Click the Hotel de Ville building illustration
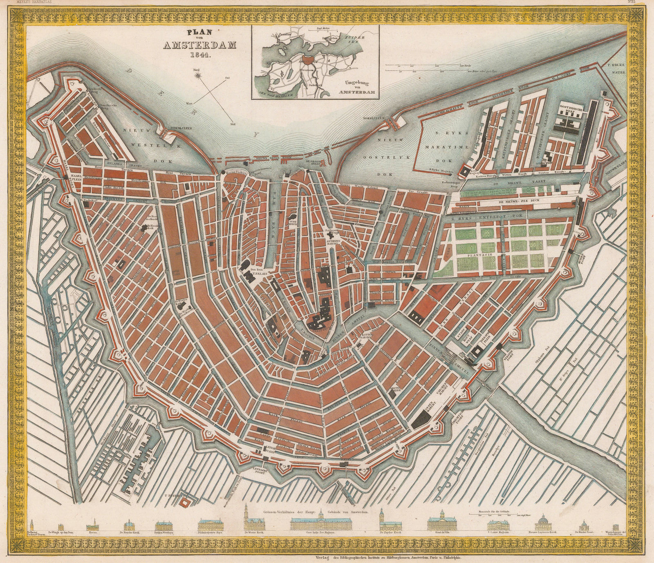(442, 526)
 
